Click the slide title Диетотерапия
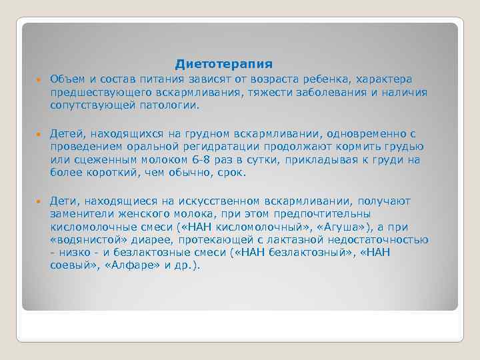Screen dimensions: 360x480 tap(224, 64)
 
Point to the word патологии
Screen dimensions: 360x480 tap(173, 105)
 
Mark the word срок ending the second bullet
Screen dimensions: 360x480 tap(232, 172)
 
